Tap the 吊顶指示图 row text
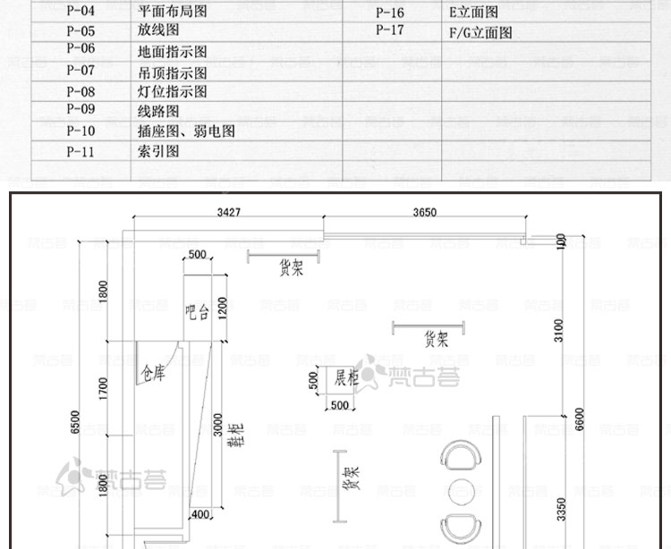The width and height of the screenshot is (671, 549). pos(173,72)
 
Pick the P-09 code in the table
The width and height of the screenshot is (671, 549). pos(80,110)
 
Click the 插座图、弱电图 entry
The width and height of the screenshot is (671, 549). pos(186,131)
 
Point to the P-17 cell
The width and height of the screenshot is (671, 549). pos(390,30)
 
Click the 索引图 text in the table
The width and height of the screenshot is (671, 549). pos(158,151)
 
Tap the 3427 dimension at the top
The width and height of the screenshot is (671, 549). pos(229,213)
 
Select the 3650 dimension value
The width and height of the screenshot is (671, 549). pos(425,213)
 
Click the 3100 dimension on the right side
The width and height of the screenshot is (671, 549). pos(559,330)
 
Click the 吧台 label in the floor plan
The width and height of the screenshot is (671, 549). pos(197,312)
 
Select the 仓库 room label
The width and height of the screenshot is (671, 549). pos(153,372)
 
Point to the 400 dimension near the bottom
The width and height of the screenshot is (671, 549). pos(200,514)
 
